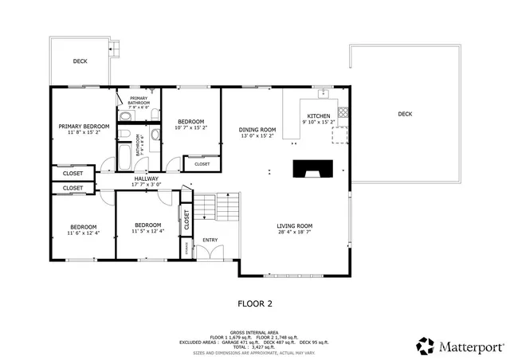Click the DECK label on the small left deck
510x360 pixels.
pos(80,61)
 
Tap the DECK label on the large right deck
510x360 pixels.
pos(405,114)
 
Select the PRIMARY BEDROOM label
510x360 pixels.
pos(83,127)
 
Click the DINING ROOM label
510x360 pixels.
pos(257,130)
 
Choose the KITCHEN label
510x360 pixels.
pos(319,116)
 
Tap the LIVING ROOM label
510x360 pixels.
pos(294,225)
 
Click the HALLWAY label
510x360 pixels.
pos(146,178)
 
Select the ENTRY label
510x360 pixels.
pos(210,240)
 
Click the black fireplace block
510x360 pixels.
pos(312,169)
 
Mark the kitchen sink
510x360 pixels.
pos(324,94)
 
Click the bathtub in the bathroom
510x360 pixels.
pos(126,156)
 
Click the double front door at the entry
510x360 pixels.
pos(210,253)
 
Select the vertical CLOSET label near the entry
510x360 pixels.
pos(186,223)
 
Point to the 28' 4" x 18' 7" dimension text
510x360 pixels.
pos(294,233)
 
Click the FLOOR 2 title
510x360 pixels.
pos(255,303)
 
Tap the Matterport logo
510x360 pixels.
pos(460,346)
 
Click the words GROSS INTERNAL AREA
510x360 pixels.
pos(254,331)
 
